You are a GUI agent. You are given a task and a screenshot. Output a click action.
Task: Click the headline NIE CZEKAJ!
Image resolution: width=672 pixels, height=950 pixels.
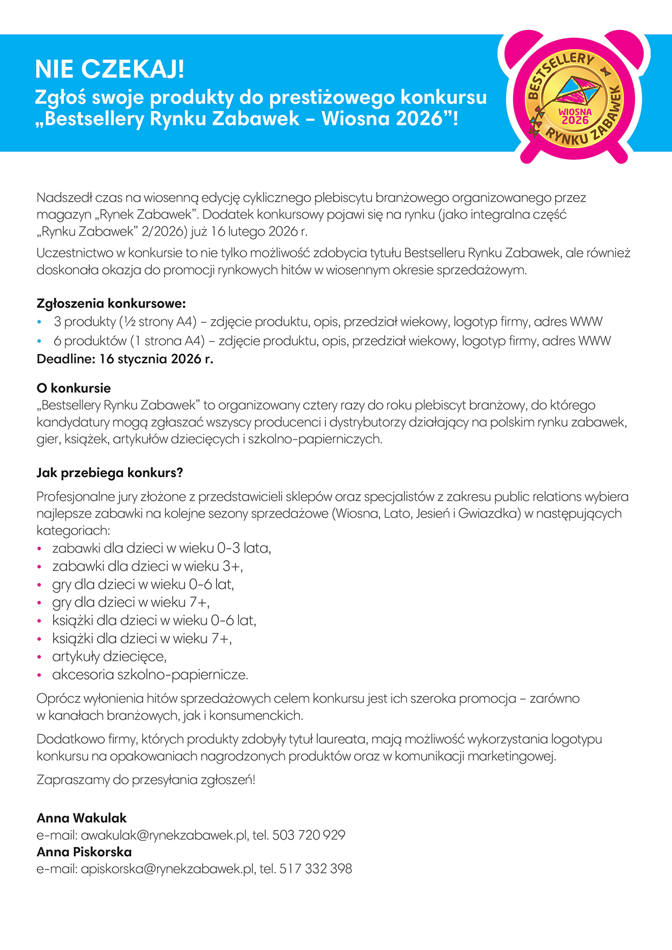pos(109,70)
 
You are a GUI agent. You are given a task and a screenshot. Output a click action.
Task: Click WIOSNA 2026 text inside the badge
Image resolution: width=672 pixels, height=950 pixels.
pos(575,117)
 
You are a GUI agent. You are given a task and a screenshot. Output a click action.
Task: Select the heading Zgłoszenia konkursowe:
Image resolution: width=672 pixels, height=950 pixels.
pos(111,303)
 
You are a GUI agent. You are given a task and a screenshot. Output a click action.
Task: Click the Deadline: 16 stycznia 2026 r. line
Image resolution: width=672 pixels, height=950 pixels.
pos(125,359)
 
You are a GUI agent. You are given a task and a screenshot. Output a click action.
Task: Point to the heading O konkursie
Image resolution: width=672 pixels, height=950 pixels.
pos(74,388)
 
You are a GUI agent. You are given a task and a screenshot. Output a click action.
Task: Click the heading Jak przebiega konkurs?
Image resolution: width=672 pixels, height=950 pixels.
pos(110,473)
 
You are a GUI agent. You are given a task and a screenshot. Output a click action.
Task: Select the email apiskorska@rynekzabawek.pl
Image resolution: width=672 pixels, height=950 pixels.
pos(167,869)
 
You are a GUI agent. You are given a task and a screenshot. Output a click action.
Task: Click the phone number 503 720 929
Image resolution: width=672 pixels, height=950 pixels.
pos(309,835)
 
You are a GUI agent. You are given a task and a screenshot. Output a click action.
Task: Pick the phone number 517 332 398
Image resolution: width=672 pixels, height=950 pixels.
pos(316,869)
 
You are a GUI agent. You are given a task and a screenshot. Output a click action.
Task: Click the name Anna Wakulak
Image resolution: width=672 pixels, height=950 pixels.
pos(82,818)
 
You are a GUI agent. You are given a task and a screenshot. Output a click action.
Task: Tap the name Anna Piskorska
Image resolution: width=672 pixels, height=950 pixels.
pos(84,852)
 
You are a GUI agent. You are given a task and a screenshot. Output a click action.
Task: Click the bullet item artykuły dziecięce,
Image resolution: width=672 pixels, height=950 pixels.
pos(109,657)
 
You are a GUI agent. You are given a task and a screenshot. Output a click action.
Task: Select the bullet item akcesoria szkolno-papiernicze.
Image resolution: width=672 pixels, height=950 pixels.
pos(150,675)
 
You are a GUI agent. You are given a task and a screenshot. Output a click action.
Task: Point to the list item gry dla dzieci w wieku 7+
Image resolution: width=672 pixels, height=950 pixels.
pos(131,603)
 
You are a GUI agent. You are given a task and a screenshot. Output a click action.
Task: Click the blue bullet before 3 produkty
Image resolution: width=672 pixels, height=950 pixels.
pos(40,322)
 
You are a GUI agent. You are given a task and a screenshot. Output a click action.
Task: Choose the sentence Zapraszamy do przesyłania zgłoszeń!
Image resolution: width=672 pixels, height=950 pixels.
pos(146,780)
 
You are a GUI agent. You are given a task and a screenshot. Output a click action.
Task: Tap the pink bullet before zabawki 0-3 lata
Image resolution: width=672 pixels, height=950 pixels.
pos(40,549)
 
